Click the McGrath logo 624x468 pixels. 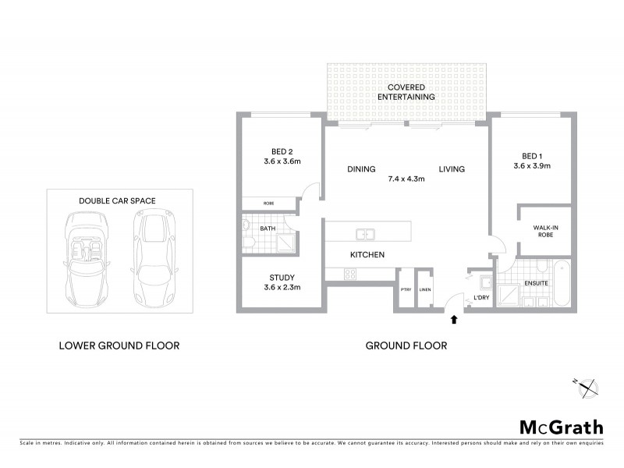tap(562, 427)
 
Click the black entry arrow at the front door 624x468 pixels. tap(455, 318)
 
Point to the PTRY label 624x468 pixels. tap(406, 290)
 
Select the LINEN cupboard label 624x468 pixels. tap(424, 290)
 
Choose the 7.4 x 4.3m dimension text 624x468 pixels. tap(406, 179)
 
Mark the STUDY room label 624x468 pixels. tap(282, 278)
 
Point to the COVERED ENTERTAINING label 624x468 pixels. tap(406, 90)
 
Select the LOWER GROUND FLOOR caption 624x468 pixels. tap(119, 345)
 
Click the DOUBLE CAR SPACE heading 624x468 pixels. tap(117, 200)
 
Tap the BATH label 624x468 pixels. tap(268, 229)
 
